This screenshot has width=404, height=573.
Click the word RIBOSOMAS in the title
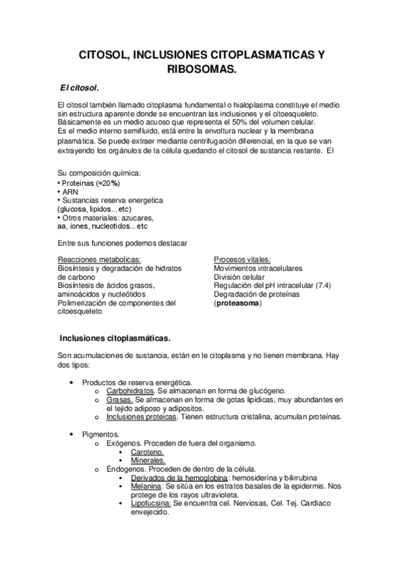(x=202, y=69)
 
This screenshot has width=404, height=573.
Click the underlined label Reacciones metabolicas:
(x=99, y=259)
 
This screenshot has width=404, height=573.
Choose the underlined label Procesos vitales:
(x=242, y=259)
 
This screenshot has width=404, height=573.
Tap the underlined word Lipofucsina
(x=151, y=504)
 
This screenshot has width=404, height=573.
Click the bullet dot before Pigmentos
(x=72, y=434)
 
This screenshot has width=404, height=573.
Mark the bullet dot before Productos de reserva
(x=72, y=382)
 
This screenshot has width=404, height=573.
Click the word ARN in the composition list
(x=70, y=192)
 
